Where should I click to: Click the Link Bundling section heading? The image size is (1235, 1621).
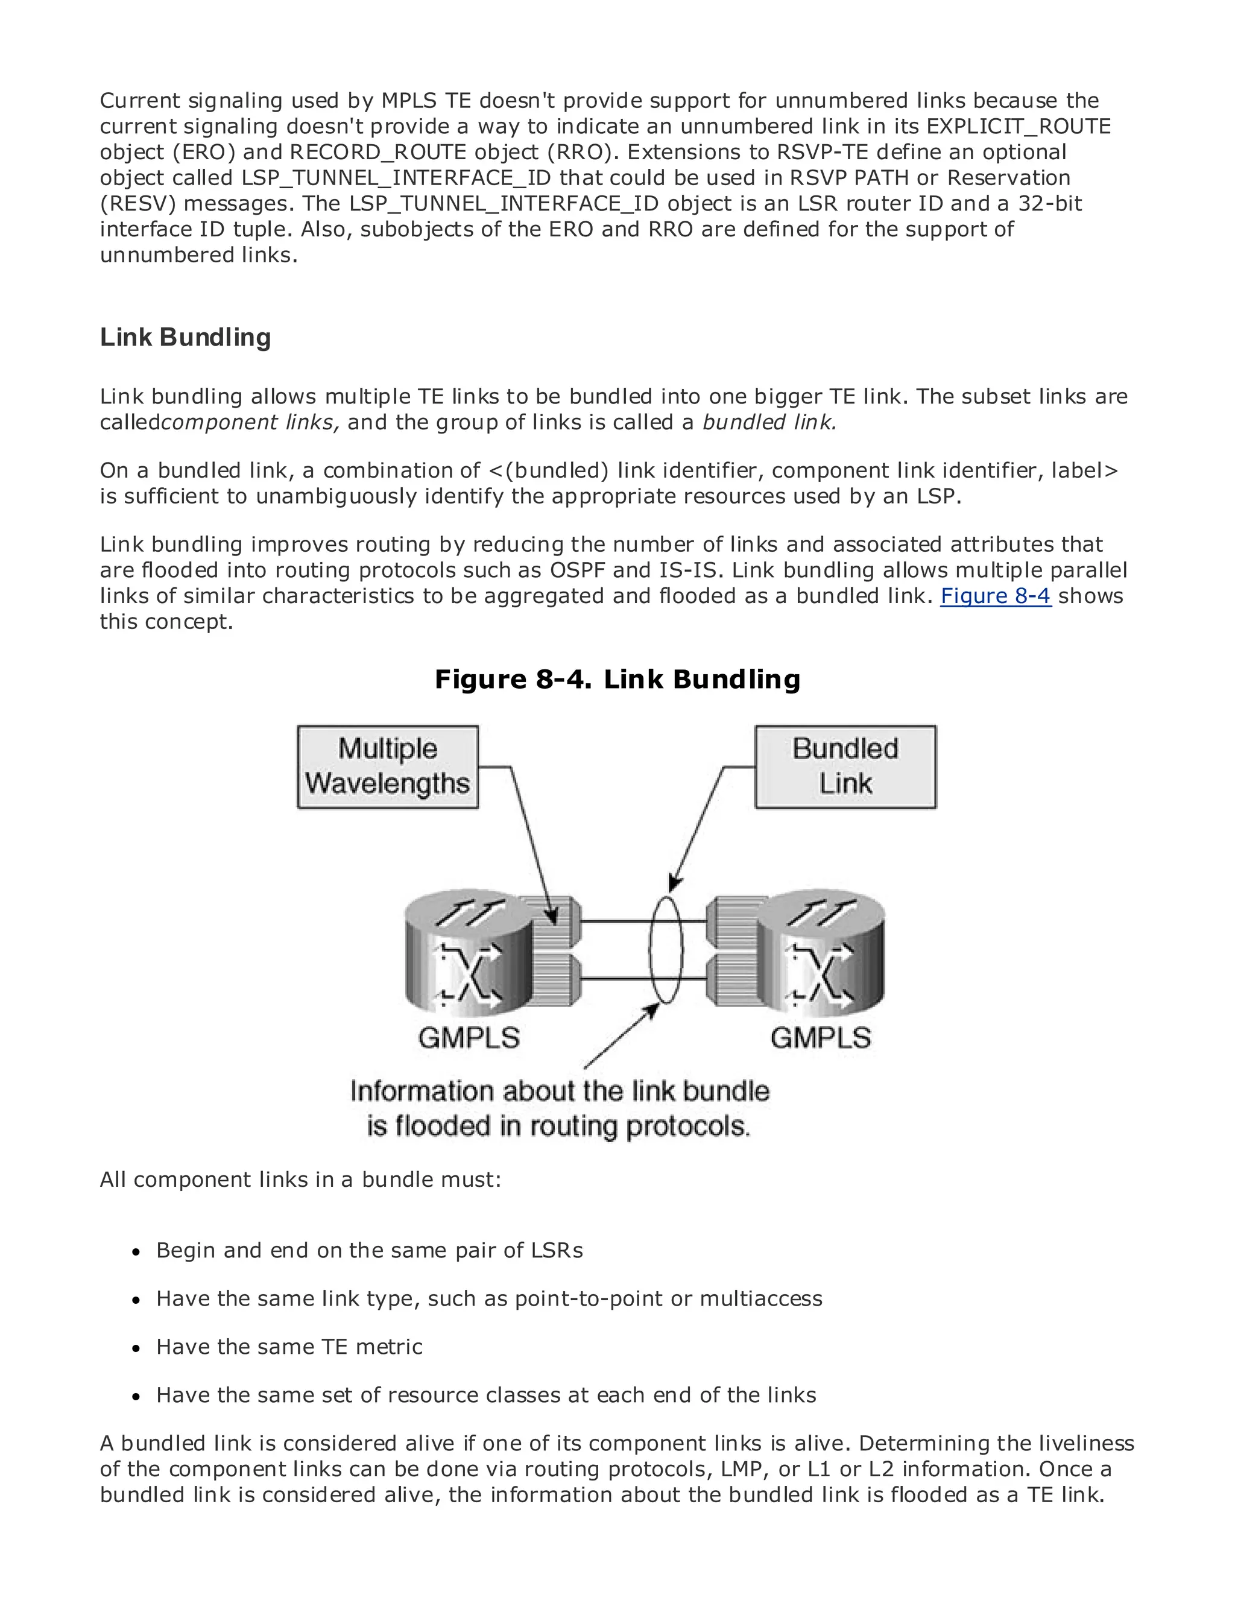pos(185,338)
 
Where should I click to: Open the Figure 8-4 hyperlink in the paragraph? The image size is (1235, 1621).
pos(996,596)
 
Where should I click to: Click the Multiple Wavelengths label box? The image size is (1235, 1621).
pos(387,766)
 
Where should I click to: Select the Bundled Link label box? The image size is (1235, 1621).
pos(845,766)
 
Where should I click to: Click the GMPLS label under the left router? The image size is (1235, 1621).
pos(469,1038)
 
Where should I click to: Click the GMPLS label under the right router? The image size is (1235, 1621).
pos(821,1038)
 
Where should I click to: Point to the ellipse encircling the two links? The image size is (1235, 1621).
pos(665,949)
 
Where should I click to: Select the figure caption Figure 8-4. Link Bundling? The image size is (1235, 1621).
pos(617,678)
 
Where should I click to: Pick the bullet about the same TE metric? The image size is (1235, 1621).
pos(289,1347)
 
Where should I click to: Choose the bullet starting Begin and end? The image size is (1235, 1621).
pos(369,1251)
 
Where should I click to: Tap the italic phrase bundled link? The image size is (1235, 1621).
pos(769,423)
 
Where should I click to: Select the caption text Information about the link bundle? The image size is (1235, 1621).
pos(560,1091)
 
